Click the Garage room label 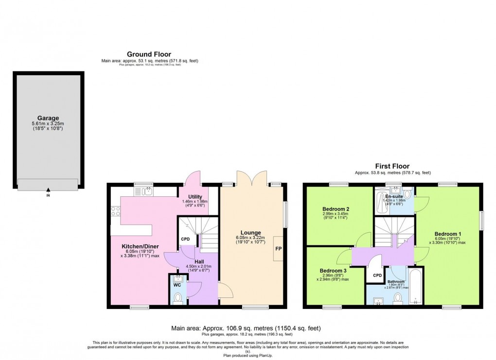(x=48, y=118)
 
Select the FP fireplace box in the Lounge (x=279, y=249)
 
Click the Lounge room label (x=250, y=233)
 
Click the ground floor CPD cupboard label (x=185, y=239)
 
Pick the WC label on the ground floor (x=177, y=285)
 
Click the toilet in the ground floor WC (x=178, y=297)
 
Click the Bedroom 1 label (x=447, y=233)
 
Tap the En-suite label (x=393, y=196)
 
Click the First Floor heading (x=392, y=166)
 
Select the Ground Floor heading (x=149, y=54)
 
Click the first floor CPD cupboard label (x=377, y=275)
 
